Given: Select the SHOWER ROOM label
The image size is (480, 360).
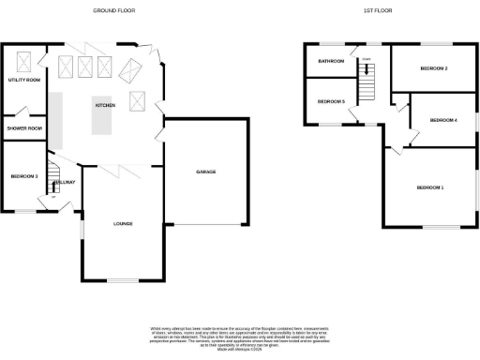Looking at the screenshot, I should coord(24,127).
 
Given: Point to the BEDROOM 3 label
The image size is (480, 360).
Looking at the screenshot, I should coord(23,176).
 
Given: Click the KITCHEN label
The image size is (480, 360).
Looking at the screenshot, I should coord(104,105).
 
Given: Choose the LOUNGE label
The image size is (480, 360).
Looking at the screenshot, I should coord(122,224).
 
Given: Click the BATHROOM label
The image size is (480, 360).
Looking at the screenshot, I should coord(331,62).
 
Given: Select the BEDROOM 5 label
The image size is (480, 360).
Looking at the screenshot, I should coord(331,101).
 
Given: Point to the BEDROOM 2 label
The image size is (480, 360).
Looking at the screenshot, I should coord(433,68).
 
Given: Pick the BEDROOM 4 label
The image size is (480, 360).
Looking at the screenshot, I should coord(442,120).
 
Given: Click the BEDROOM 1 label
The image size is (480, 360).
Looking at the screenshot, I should coord(430,188).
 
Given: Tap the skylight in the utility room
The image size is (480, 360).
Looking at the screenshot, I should coord(24,62).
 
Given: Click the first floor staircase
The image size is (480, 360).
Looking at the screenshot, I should coord(368,87).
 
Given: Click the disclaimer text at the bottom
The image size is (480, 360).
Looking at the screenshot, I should coord(240,335).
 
